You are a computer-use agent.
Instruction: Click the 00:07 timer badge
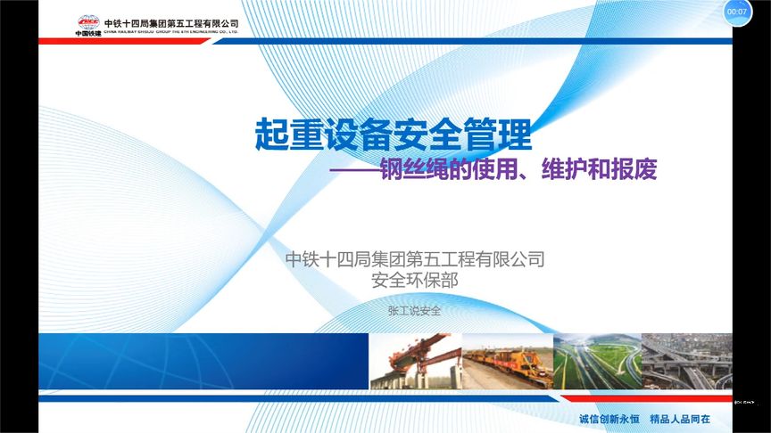[737, 12]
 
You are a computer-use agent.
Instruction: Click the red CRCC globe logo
[87, 22]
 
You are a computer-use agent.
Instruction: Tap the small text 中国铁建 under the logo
[87, 34]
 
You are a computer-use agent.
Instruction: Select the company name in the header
[171, 21]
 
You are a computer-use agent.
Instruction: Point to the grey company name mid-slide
[414, 260]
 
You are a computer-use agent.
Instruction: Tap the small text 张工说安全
[414, 312]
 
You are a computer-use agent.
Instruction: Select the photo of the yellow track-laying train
[506, 362]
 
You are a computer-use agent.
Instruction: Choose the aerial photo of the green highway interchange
[596, 362]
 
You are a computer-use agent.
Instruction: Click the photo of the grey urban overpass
[686, 362]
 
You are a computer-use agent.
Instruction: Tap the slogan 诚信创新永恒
[609, 419]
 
